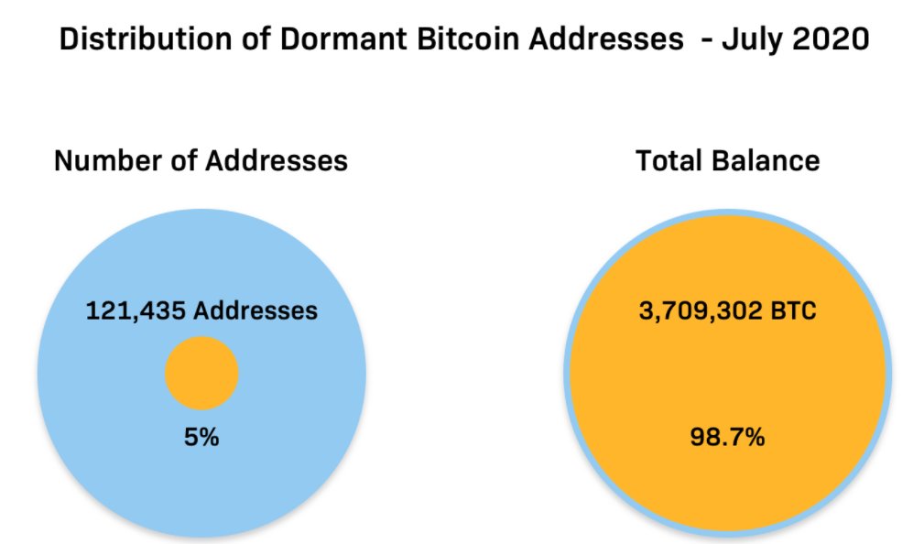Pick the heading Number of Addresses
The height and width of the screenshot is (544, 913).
[x=201, y=161]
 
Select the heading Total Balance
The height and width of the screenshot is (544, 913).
[x=727, y=161]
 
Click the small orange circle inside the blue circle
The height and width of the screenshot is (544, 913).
[x=201, y=373]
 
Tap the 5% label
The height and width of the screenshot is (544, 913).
[x=201, y=438]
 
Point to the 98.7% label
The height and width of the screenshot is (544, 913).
[x=727, y=438]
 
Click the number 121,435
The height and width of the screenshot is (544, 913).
[x=137, y=311]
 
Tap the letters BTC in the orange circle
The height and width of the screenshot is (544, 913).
[x=794, y=311]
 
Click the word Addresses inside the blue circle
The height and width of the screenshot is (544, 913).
[x=255, y=311]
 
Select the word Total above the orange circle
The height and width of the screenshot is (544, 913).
[x=671, y=161]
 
